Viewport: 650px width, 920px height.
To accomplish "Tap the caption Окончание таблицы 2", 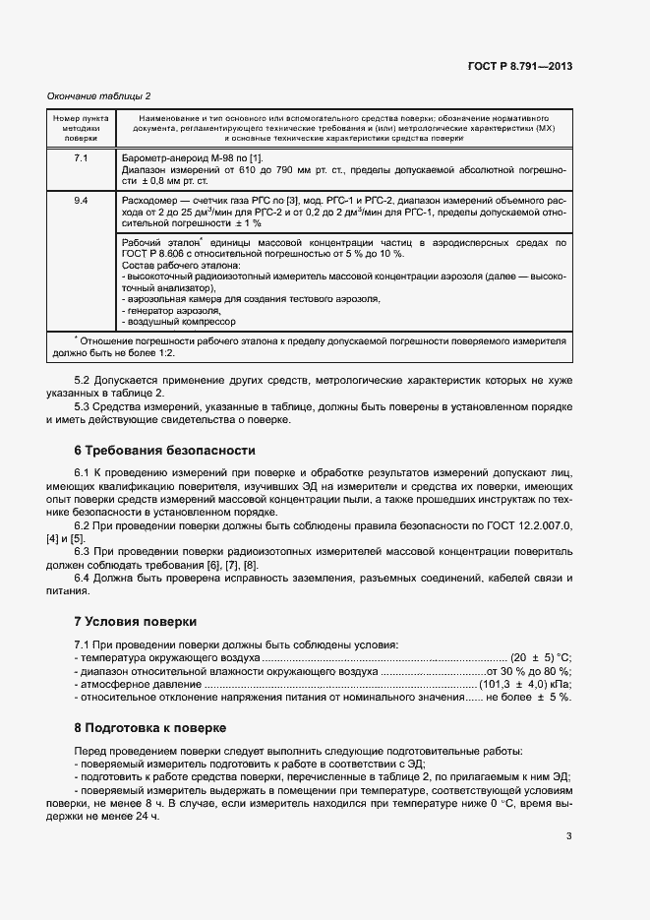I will pyautogui.click(x=99, y=95).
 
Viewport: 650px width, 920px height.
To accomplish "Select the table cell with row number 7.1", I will pyautogui.click(x=81, y=158).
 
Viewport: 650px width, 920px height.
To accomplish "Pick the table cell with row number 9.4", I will pyautogui.click(x=81, y=201).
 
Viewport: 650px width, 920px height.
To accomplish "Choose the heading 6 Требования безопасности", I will pyautogui.click(x=164, y=450).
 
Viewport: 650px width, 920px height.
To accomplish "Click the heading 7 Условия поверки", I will pyautogui.click(x=136, y=622).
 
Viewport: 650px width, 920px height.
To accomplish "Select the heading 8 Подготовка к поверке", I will pyautogui.click(x=149, y=728).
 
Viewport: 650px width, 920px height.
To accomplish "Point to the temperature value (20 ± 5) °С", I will pyautogui.click(x=540, y=657).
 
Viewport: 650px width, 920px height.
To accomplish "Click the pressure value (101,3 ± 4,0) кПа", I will pyautogui.click(x=525, y=684).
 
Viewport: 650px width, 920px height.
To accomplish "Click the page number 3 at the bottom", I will pyautogui.click(x=569, y=837).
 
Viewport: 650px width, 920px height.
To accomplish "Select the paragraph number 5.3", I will pyautogui.click(x=86, y=408).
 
